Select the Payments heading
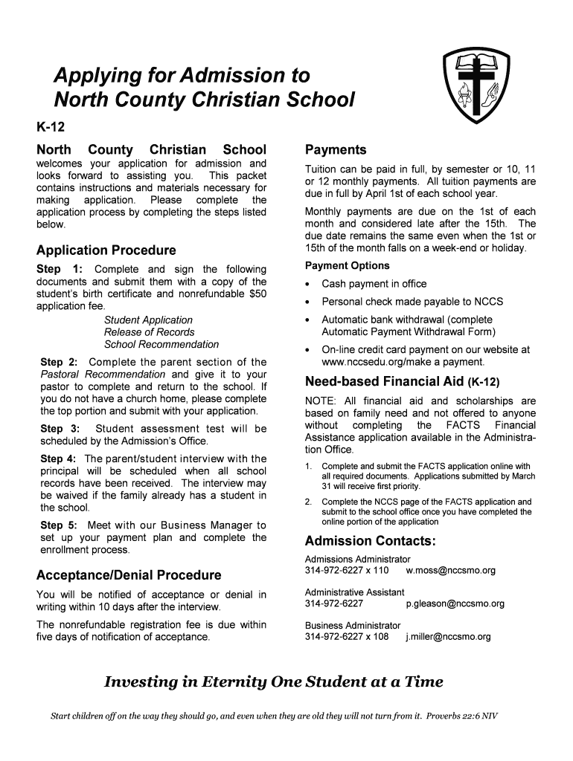point(336,149)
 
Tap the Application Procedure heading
point(106,250)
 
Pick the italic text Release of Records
point(149,332)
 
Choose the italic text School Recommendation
point(161,344)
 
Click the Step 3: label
point(62,429)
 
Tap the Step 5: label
point(61,525)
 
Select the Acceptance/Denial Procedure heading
point(129,575)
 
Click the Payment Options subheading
point(347,265)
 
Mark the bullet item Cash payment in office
point(374,284)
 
